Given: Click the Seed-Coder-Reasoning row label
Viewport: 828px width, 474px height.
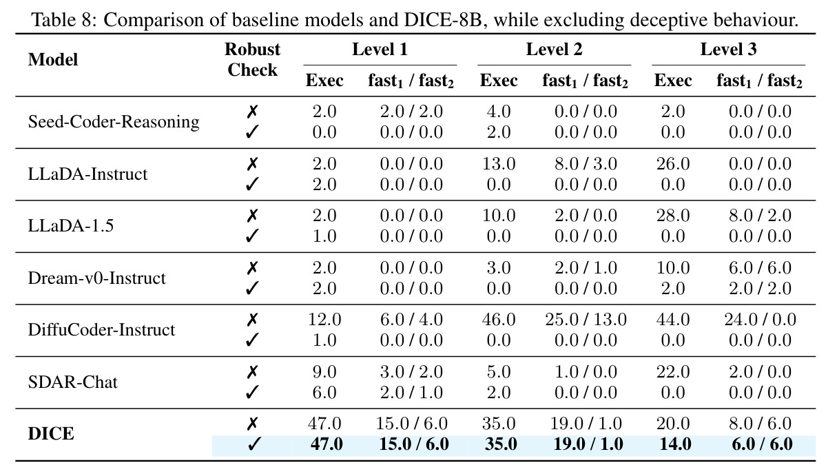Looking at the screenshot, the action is pos(114,122).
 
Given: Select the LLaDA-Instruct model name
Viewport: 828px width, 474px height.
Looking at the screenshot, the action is pos(87,174).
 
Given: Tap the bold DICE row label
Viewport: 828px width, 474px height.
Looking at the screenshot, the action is pos(51,434).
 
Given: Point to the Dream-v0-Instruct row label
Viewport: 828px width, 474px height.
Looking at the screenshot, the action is pos(97,278).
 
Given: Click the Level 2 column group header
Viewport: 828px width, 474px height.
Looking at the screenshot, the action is pos(554,49).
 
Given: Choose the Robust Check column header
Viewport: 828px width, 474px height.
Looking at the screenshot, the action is pos(253,59).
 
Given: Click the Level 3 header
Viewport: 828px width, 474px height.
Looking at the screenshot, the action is pos(728,49).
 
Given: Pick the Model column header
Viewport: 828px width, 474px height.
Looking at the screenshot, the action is pos(53,59).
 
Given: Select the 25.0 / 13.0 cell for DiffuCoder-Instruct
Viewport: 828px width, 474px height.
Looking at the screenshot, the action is pos(586,320).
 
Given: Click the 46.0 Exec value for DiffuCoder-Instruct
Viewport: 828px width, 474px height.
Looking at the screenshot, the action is pos(499,320).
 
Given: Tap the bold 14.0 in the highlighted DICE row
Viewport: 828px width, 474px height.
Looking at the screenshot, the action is pos(675,444).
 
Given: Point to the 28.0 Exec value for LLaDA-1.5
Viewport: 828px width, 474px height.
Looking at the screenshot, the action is pos(673,216).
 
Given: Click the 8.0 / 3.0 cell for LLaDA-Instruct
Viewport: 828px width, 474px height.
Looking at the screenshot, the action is pos(586,164).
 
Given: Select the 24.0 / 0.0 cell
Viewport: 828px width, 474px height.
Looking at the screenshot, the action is pos(760,320).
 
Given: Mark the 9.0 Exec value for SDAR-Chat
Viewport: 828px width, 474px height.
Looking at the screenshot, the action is pos(324,371).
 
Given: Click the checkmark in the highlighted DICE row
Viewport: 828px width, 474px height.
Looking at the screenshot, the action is pos(253,444).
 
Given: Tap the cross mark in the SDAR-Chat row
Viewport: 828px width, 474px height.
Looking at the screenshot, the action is pos(252,371).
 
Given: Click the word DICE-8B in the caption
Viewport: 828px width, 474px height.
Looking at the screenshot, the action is pos(443,20).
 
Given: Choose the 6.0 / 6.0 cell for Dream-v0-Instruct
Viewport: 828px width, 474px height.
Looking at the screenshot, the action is pos(760,268).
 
